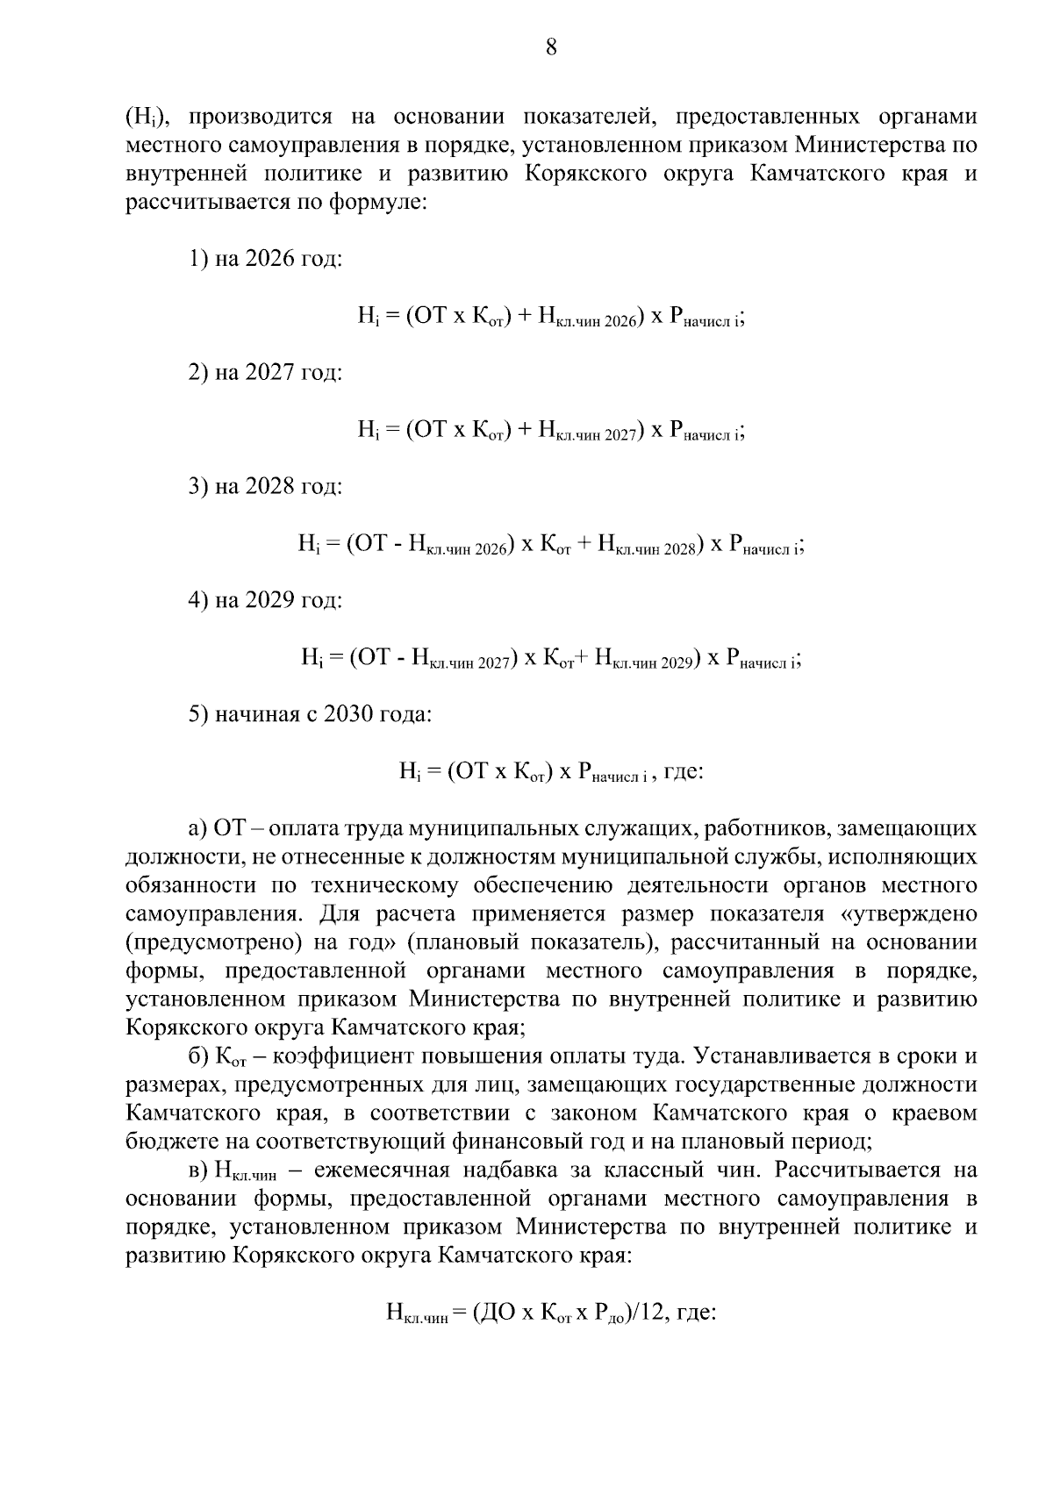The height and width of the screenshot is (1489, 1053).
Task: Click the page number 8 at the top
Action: pyautogui.click(x=551, y=47)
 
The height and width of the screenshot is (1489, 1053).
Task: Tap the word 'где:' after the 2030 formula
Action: pyautogui.click(x=684, y=771)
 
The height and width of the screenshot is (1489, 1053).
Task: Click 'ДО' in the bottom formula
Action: pyautogui.click(x=497, y=1313)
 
